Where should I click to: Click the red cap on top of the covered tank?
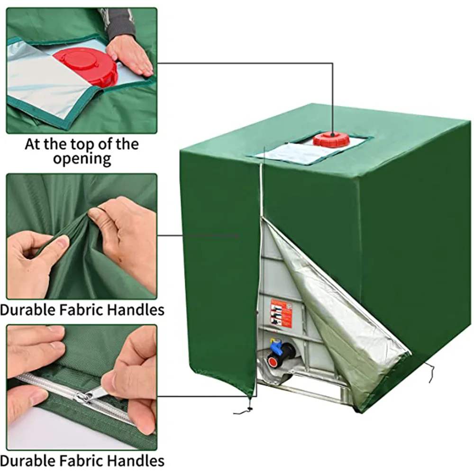click(331, 139)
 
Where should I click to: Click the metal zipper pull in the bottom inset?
click(90, 395)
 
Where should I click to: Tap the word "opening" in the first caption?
click(82, 158)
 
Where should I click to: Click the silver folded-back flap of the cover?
click(341, 313)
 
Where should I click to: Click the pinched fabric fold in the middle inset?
click(81, 232)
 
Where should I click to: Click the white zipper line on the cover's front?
click(260, 190)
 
